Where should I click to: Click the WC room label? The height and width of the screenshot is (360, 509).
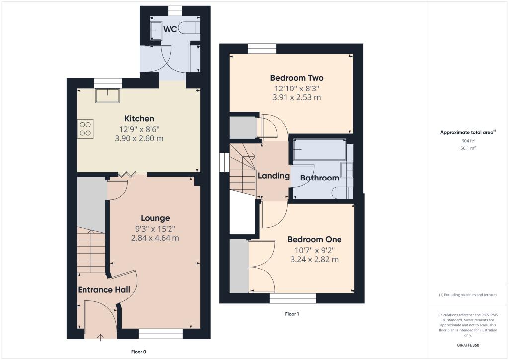click(170, 29)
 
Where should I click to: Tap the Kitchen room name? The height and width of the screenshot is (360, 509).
click(139, 118)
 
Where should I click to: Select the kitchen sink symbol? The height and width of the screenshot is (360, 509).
click(108, 95)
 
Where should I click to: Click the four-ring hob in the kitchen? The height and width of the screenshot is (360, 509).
click(85, 129)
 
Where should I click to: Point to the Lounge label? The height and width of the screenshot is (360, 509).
click(155, 218)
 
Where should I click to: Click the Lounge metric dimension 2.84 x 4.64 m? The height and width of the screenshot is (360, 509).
click(155, 238)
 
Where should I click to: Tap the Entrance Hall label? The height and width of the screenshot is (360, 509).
click(103, 290)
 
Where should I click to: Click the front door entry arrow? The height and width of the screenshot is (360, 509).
click(101, 337)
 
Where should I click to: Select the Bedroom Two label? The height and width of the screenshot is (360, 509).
click(296, 78)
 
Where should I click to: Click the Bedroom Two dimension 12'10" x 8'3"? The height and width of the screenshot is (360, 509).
click(296, 88)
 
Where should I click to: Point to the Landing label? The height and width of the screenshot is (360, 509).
click(273, 176)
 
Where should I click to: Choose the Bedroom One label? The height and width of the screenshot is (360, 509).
click(314, 239)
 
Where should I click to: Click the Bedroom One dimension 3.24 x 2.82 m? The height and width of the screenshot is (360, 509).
click(314, 259)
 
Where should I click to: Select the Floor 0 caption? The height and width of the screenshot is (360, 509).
click(138, 352)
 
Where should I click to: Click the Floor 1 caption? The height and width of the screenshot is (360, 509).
click(292, 314)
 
